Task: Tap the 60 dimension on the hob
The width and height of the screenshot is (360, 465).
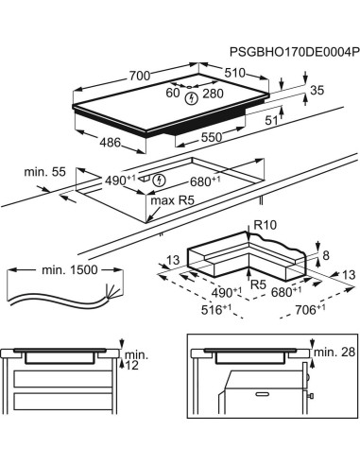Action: point(173,94)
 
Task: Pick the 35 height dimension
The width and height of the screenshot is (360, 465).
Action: point(317,91)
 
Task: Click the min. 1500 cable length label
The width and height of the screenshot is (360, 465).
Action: point(70,270)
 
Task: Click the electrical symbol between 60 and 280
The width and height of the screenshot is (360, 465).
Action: point(193,96)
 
